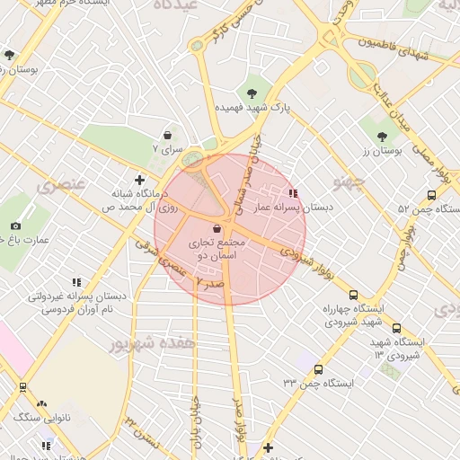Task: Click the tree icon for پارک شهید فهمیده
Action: point(252,92)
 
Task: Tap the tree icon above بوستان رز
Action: point(383,137)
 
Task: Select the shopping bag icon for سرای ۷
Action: point(167,135)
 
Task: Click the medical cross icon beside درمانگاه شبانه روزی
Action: point(139,180)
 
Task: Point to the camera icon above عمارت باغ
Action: point(15,226)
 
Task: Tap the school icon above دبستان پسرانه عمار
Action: point(293,193)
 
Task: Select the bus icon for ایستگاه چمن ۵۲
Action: point(431,195)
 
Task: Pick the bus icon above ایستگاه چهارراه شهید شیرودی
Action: point(353,295)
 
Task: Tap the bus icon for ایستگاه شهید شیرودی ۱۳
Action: point(396,328)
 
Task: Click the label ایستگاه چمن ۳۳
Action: point(319,383)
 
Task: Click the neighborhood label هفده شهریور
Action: point(140,344)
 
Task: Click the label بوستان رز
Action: point(384,152)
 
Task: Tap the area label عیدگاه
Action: point(175,5)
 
